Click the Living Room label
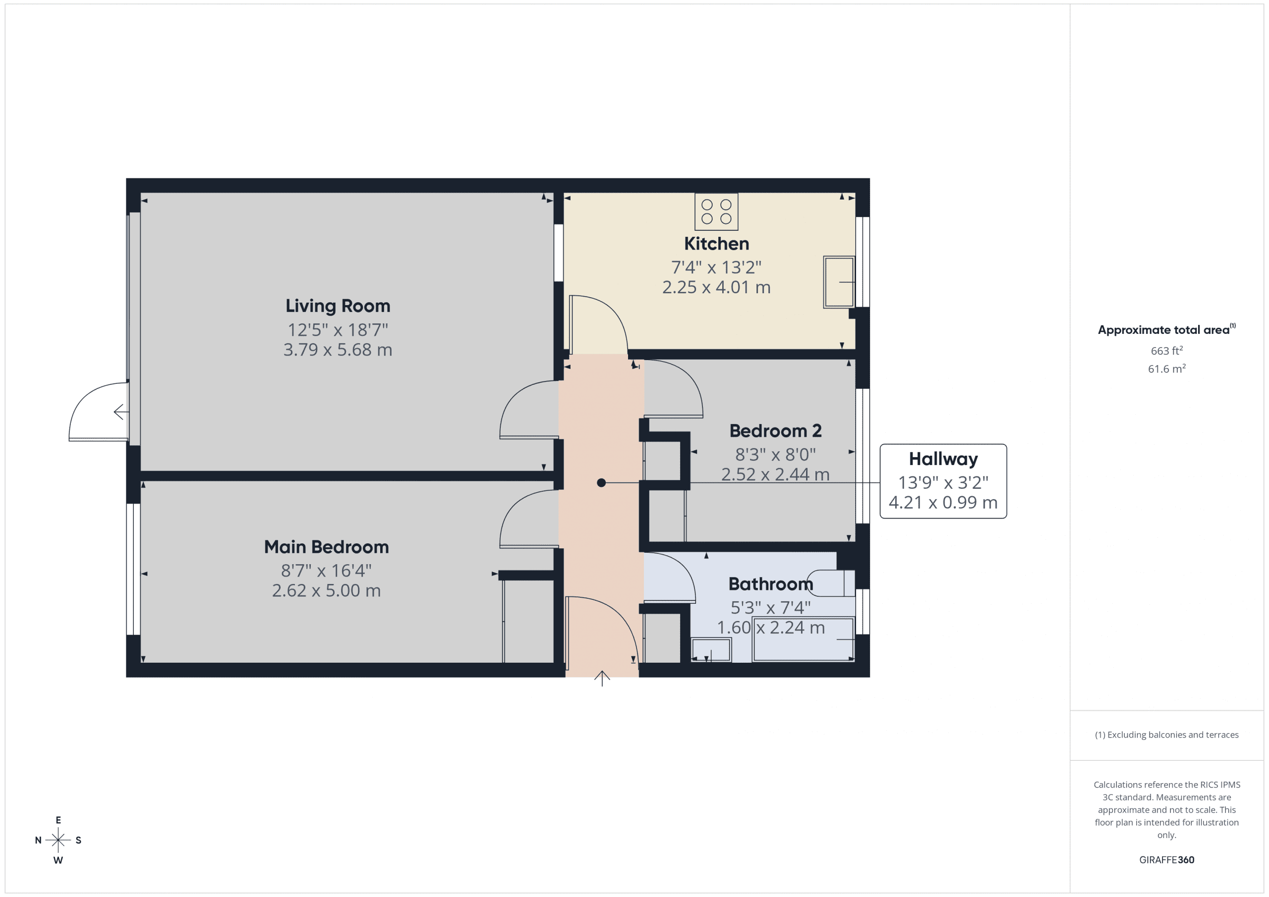[338, 306]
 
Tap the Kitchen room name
[716, 244]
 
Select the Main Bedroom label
[326, 547]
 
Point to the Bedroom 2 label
[775, 431]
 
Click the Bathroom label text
[770, 584]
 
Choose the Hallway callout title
[943, 459]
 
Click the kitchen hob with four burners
[716, 211]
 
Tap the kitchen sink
[838, 282]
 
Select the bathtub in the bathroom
[803, 639]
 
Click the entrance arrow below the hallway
[602, 678]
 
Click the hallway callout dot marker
[601, 483]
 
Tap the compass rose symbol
[58, 840]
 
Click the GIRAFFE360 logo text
[1166, 860]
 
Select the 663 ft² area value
[1166, 351]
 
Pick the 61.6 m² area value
[1166, 369]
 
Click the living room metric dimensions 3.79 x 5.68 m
[338, 350]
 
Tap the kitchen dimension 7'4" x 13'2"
[716, 267]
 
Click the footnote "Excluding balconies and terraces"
[1166, 735]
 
